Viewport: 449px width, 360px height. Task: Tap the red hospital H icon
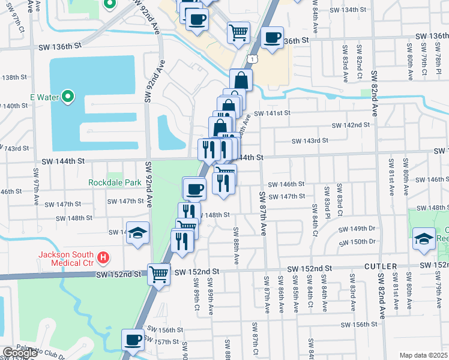tap(104, 258)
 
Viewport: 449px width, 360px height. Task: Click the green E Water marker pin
tap(68, 95)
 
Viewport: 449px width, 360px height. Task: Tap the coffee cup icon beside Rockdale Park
tap(194, 189)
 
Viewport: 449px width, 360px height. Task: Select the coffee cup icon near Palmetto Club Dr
tap(133, 340)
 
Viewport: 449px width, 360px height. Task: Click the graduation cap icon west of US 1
tap(138, 233)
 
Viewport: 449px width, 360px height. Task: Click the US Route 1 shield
tap(253, 59)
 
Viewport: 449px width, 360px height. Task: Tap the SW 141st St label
tap(272, 113)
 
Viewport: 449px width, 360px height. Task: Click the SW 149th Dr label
tap(357, 229)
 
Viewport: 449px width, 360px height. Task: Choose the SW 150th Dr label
tap(357, 241)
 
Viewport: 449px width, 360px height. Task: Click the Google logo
tap(19, 353)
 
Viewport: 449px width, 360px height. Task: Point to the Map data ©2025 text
tap(423, 355)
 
